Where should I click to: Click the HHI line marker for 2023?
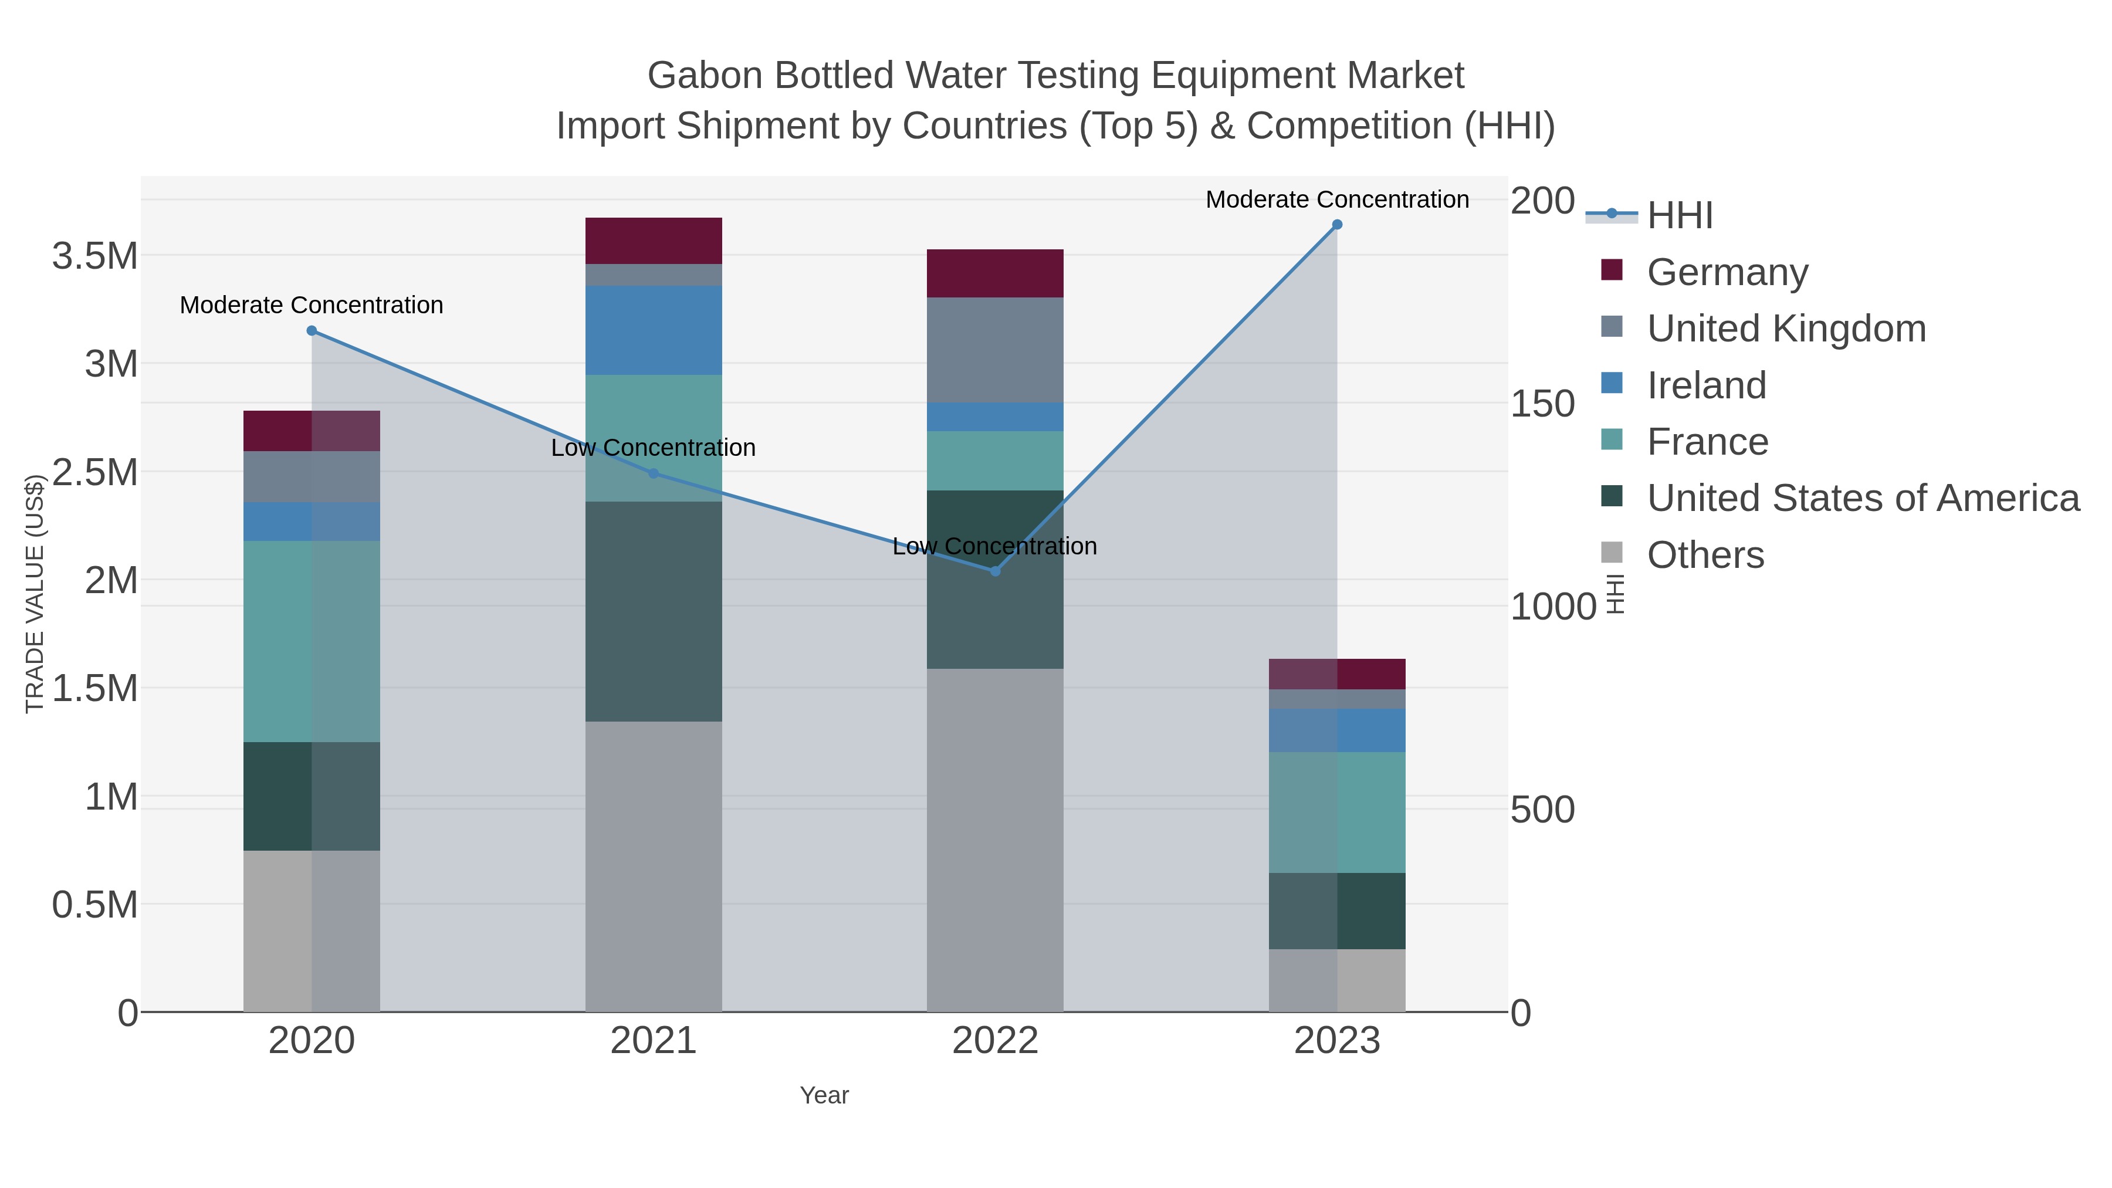click(1336, 224)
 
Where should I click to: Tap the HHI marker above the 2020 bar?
click(312, 330)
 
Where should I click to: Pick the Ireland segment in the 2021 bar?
click(654, 330)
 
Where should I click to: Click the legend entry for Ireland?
click(1706, 385)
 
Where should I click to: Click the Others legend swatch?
click(1611, 553)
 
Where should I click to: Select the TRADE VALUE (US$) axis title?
click(35, 594)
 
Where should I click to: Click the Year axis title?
click(824, 1095)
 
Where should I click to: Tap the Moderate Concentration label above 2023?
click(1336, 199)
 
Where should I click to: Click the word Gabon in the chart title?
click(705, 76)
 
